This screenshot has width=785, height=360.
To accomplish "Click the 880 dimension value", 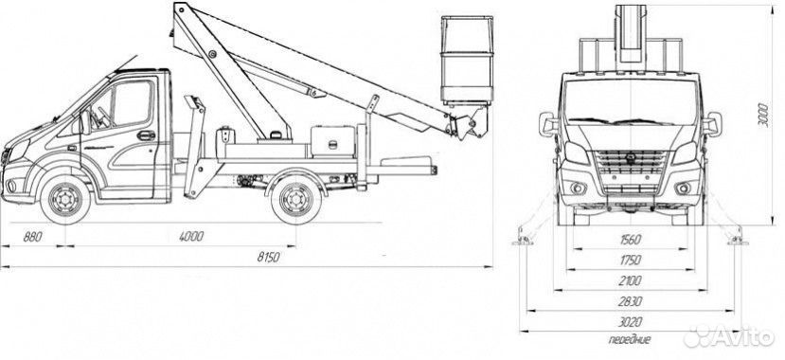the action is (33, 237).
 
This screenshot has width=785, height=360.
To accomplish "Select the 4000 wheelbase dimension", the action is (191, 237).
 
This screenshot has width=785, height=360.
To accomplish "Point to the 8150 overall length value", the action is (268, 258).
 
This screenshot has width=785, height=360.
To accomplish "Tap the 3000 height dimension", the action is (762, 116).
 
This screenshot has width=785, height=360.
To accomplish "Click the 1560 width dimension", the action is (631, 240).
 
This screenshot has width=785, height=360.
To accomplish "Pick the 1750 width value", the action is (631, 261).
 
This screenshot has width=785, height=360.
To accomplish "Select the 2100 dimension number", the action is (631, 280).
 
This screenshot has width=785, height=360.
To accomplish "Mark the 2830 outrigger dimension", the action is (631, 302).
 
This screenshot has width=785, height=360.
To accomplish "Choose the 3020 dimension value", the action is (631, 322).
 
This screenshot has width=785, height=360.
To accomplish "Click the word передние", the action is (630, 339).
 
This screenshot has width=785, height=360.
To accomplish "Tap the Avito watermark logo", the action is (729, 336).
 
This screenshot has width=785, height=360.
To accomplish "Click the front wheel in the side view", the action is (65, 199).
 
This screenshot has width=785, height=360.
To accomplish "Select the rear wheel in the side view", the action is (295, 199).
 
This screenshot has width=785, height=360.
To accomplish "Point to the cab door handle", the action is (146, 135).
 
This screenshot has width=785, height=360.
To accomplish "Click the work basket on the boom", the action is (467, 60).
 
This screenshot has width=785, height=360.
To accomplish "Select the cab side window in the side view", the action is (132, 103).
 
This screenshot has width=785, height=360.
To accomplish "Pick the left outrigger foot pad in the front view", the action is (523, 243).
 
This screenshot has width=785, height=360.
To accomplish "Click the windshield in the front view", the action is (631, 101).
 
